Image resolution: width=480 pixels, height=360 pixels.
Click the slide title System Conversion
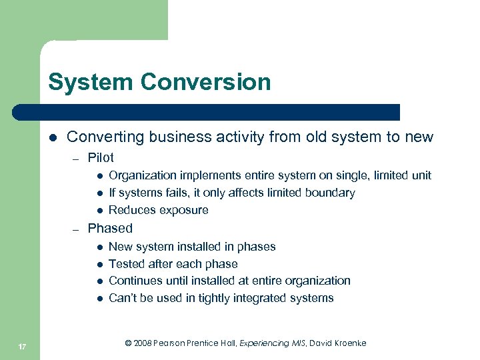[x=159, y=83]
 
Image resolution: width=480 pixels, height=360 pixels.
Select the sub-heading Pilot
[x=101, y=158]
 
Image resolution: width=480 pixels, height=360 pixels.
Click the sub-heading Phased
[x=110, y=228]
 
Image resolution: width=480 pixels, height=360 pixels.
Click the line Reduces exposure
[x=158, y=211]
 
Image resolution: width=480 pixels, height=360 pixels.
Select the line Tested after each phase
[x=173, y=264]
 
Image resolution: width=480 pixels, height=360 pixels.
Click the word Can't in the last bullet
[x=122, y=298]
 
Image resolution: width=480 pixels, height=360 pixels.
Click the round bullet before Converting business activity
[x=52, y=138]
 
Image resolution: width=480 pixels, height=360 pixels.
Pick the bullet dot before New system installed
[x=97, y=247]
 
